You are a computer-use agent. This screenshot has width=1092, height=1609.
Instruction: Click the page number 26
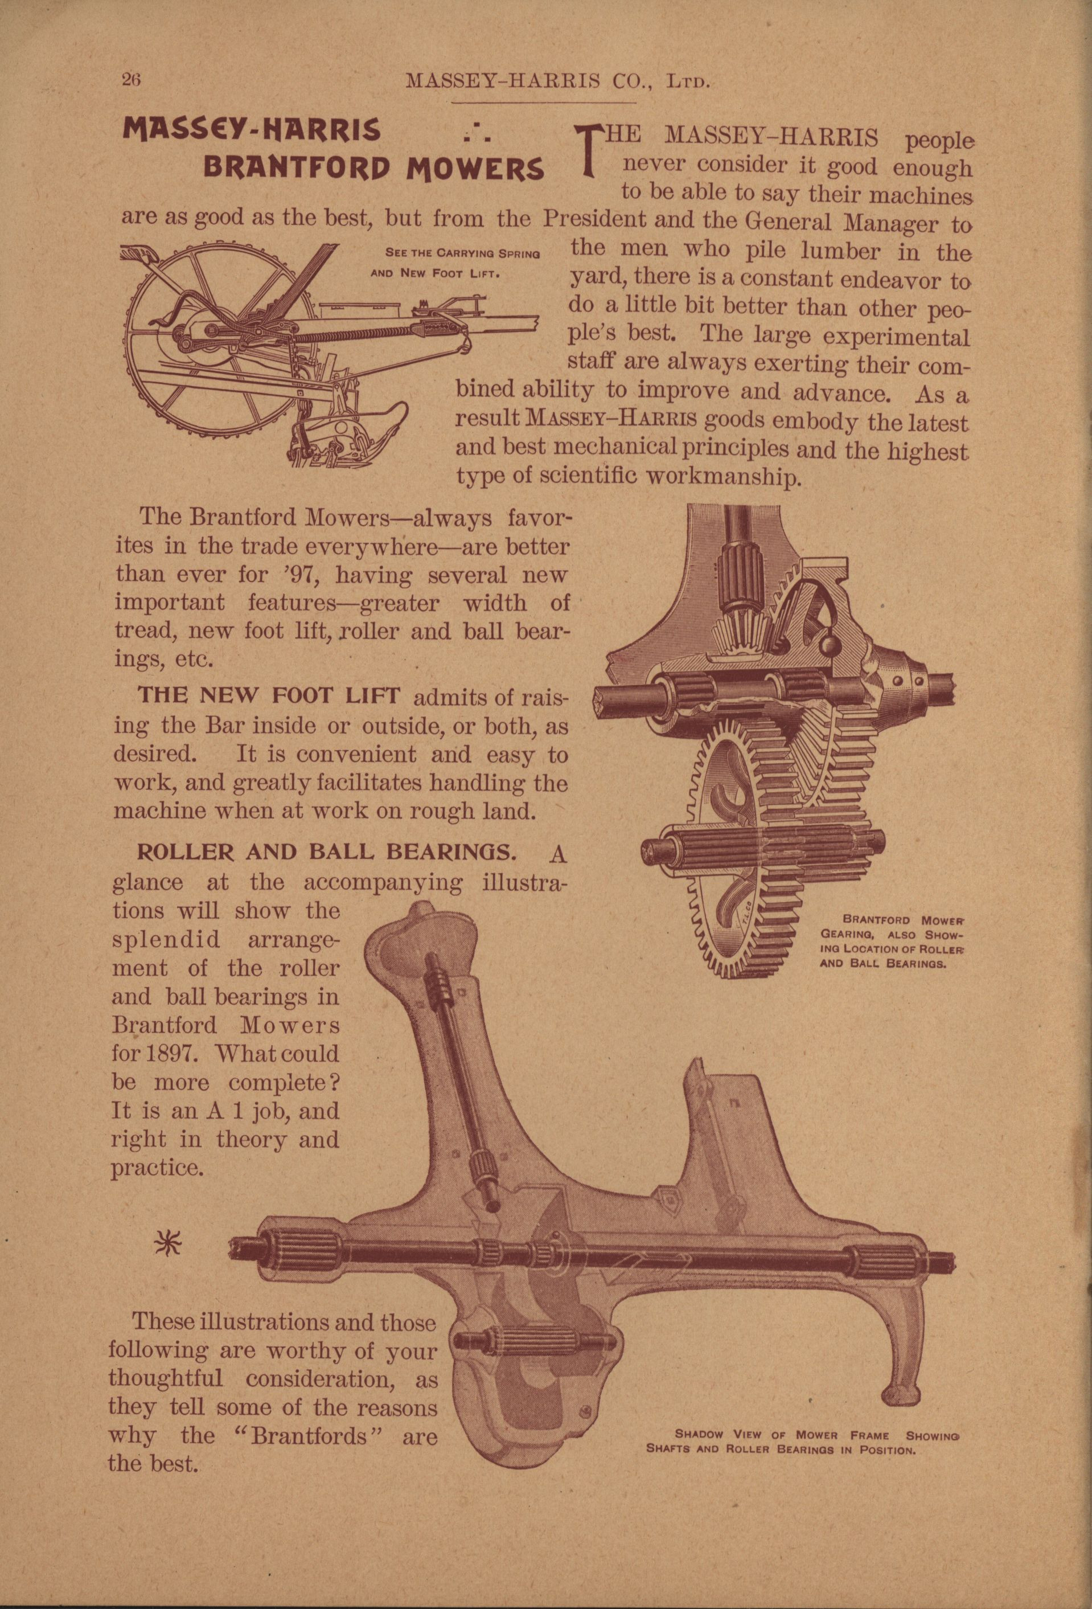[131, 79]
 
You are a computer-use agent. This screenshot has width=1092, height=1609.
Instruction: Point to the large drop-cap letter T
[588, 148]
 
